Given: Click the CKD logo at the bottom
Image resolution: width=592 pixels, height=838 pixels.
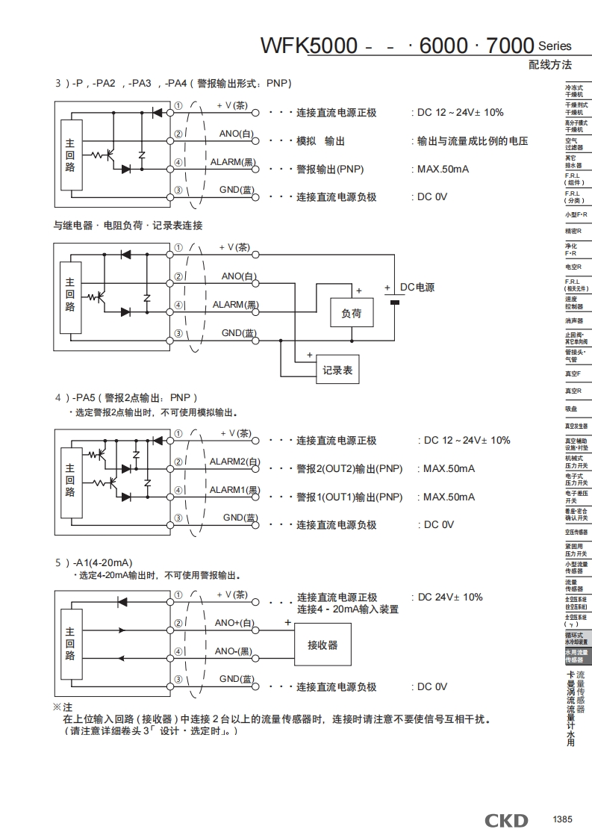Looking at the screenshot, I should pos(506,821).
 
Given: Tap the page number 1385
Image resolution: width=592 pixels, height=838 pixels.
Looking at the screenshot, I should pos(562,819).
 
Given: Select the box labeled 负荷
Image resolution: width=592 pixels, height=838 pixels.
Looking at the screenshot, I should pos(351,314).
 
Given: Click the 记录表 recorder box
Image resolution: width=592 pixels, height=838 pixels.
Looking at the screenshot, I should pos(337,370).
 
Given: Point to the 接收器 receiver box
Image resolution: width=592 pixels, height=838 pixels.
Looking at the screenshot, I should pos(323,645).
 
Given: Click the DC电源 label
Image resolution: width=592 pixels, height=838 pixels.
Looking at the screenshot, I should pos(417,288).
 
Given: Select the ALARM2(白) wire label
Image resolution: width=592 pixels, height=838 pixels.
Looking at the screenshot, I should pos(233,462).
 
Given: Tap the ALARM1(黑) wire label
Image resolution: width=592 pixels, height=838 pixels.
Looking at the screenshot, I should pos(234,490).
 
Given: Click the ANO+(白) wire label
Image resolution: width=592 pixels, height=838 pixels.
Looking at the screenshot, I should pos(234,623).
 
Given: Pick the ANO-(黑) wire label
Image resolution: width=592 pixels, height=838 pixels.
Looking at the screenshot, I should pos(234,651).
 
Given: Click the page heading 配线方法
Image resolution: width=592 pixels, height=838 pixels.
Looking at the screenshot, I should pos(549,65).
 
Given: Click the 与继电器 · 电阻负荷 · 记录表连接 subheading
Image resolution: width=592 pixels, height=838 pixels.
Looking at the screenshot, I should pos(128,225).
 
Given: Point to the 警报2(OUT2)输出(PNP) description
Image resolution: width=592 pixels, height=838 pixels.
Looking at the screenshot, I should pos(349,469).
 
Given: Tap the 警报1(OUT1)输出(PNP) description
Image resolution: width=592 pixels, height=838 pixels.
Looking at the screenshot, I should pos(349,497).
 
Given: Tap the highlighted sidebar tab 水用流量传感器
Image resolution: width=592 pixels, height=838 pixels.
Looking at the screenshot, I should pos(576,656).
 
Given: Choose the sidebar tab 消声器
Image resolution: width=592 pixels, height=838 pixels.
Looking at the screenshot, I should pos(574,320).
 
